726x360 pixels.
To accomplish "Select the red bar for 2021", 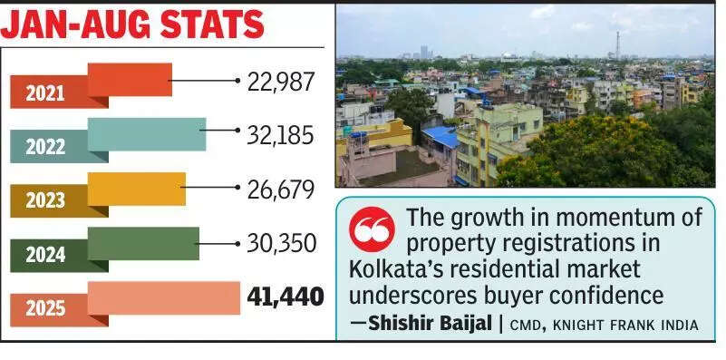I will [130, 80].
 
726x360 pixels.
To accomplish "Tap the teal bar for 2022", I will [146, 134].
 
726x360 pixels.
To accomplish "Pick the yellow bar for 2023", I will [136, 189].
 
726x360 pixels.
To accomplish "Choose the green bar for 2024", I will [143, 243].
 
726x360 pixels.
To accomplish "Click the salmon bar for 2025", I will [163, 297].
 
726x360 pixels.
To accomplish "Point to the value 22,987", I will [280, 82].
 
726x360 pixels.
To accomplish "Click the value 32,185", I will [280, 136].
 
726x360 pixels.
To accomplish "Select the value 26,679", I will [280, 190].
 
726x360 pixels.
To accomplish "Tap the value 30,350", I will [280, 245].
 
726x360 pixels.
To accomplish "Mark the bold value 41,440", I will [285, 297].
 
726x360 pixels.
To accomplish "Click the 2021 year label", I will [45, 92].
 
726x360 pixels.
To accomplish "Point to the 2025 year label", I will [45, 310].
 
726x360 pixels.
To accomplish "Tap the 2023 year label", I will [45, 201].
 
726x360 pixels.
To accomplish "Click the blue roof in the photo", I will [441, 137].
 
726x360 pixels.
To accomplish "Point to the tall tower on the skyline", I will [617, 44].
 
